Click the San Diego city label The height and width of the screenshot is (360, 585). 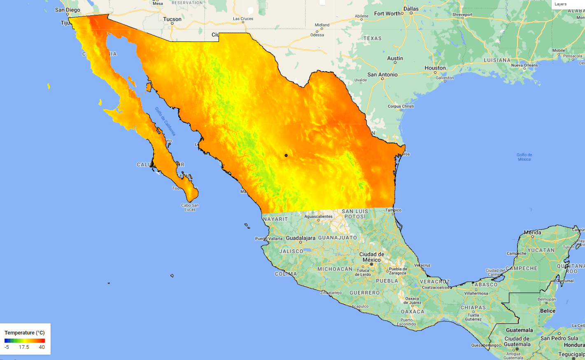(68, 10)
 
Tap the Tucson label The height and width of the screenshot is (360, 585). (172, 19)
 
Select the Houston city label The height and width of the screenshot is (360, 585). (435, 68)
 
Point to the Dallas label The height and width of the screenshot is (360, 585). (411, 9)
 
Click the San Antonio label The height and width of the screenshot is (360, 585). (382, 74)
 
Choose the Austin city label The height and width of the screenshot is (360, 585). (395, 58)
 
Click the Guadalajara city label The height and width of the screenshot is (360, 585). (301, 238)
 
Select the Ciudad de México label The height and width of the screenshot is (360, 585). (372, 257)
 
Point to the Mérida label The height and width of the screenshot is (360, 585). (532, 232)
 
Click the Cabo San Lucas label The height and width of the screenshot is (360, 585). (190, 207)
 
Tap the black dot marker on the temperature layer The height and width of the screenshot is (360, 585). (286, 155)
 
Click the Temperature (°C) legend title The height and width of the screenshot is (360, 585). (25, 332)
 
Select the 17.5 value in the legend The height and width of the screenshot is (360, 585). (24, 347)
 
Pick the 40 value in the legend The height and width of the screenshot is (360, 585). (42, 347)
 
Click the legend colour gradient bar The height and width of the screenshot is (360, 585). (25, 341)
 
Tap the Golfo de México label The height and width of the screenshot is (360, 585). (524, 157)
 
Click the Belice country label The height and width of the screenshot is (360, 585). (548, 311)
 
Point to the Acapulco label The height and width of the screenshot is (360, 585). (360, 306)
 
